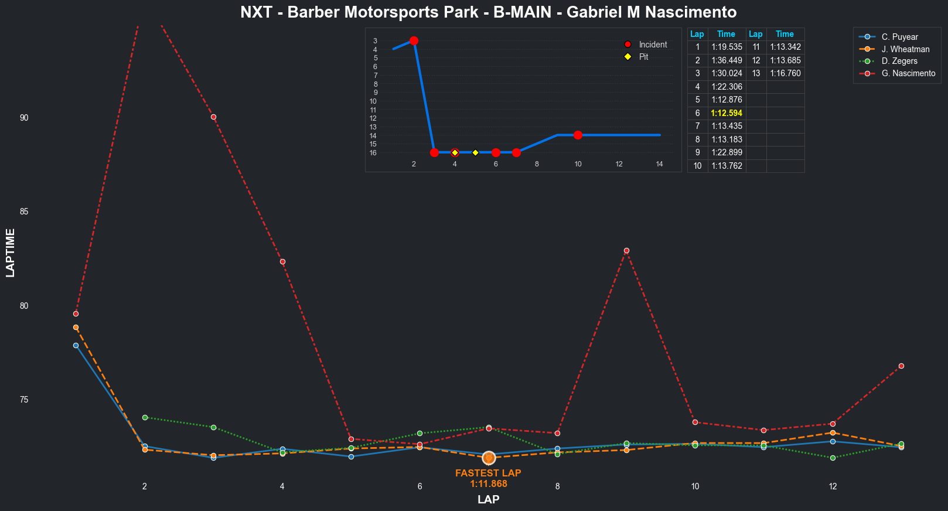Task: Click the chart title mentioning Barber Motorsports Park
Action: pos(488,12)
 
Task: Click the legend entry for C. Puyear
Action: pos(899,37)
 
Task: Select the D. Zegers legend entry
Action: pos(899,61)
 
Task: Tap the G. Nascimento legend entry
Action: pos(908,73)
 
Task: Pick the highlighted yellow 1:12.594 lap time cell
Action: pos(727,113)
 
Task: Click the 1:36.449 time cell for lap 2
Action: pos(727,60)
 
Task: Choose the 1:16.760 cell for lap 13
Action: pos(785,73)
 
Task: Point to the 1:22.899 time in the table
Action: pos(727,152)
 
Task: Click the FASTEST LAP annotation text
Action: pos(488,473)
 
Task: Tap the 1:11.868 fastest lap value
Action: pos(488,484)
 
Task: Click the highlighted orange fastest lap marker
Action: pos(489,458)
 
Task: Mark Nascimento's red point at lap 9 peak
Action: pos(626,251)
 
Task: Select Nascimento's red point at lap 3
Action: pos(213,117)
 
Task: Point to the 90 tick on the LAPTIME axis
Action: pos(24,118)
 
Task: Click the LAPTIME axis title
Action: pos(11,253)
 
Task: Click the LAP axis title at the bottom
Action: pos(488,500)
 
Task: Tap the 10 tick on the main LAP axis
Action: pos(695,486)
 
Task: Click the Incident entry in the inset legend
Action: pos(653,45)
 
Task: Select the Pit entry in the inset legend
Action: pos(643,57)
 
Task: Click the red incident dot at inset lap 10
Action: pos(578,135)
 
